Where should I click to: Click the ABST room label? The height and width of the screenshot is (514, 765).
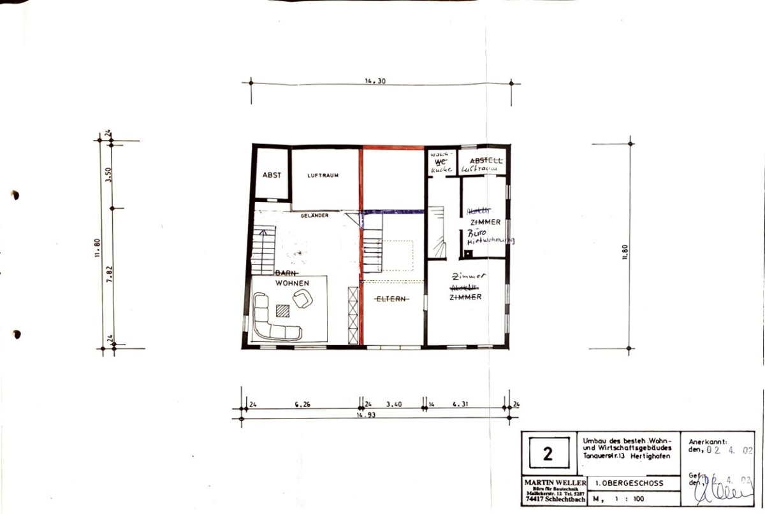click(272, 175)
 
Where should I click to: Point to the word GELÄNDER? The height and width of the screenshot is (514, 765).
click(316, 216)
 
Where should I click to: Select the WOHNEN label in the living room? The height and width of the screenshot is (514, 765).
click(293, 282)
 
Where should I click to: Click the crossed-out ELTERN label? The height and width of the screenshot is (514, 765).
click(391, 299)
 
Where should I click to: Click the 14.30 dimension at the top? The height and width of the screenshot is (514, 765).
click(375, 81)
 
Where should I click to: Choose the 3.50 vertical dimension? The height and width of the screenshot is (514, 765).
click(109, 174)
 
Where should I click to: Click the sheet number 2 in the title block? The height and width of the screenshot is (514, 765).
click(548, 454)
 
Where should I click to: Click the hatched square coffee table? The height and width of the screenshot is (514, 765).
click(282, 310)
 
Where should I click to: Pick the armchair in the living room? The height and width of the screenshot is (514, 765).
click(303, 298)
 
